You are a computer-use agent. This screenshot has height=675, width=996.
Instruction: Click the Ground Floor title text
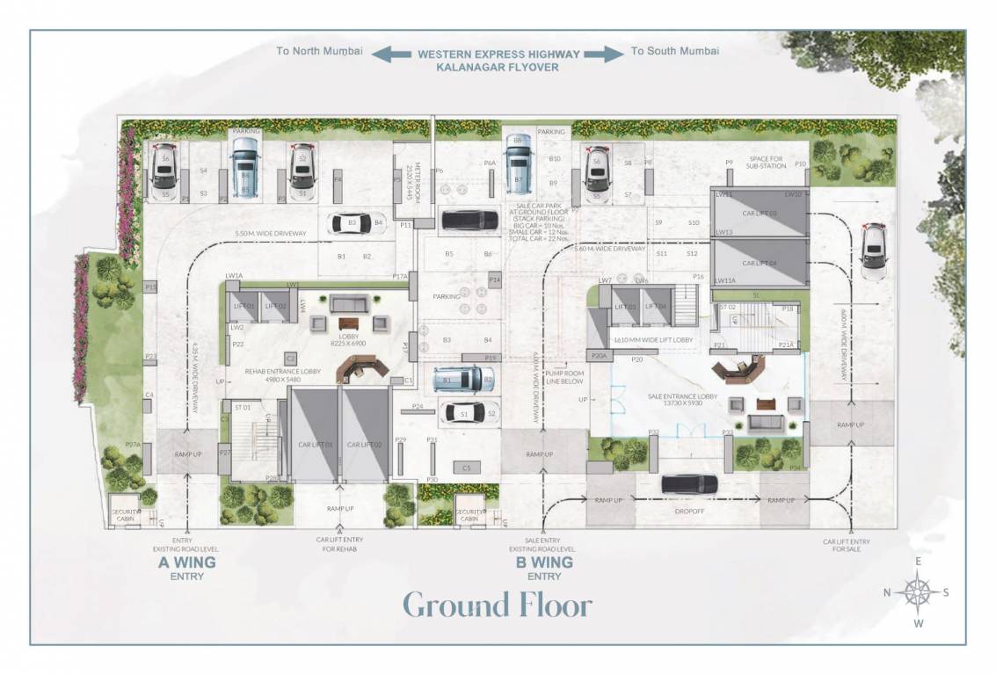(498, 605)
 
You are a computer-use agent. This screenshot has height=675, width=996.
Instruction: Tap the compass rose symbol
(917, 592)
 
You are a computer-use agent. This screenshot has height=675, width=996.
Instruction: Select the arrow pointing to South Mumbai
(603, 54)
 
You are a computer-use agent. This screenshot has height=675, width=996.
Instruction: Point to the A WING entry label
(186, 563)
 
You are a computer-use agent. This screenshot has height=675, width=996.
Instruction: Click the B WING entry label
(544, 563)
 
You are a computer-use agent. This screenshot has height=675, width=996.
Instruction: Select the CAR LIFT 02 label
(364, 445)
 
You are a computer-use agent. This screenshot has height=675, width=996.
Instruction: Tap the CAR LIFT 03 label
(759, 214)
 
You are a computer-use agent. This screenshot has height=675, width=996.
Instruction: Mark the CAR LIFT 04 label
(759, 263)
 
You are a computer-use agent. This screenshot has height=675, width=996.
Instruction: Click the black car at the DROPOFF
(688, 483)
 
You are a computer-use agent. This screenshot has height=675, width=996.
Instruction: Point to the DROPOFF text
(688, 510)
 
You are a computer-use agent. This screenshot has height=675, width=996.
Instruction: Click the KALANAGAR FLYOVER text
(498, 67)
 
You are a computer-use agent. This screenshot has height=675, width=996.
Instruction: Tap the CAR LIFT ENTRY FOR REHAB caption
(340, 545)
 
